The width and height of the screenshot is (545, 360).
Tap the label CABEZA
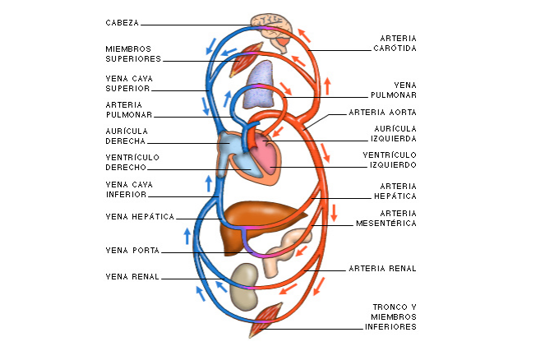coord(122,22)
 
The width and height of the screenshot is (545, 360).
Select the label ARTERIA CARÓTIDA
coord(398,43)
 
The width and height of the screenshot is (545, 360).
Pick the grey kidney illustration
coord(243,284)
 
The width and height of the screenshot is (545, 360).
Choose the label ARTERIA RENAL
coord(382,268)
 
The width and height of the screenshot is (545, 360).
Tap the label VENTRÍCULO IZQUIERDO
coord(389,159)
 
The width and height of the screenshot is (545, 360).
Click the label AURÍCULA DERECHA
coord(127,135)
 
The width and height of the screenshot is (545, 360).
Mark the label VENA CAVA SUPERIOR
coord(127,84)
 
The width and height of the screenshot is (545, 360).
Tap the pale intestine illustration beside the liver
coord(288,246)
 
